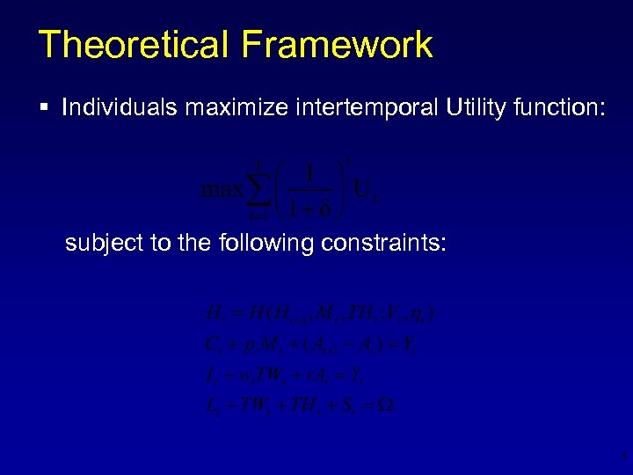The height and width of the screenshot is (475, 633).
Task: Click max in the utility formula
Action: coord(223,189)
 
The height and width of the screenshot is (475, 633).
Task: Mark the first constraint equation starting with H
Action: coord(312,312)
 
